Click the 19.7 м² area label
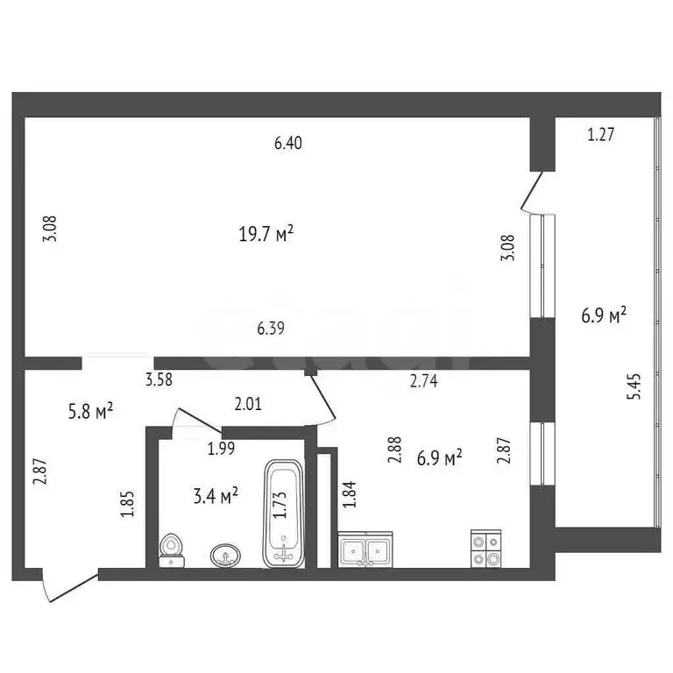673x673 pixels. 266,234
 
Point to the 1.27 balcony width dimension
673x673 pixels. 600,135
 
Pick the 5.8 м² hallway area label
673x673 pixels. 91,410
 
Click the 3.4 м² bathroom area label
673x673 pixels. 216,497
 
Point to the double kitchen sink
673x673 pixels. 366,550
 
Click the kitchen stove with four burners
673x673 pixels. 486,549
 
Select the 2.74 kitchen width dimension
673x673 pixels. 424,380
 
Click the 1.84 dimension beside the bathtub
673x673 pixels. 351,496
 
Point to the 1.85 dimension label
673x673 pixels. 127,506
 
